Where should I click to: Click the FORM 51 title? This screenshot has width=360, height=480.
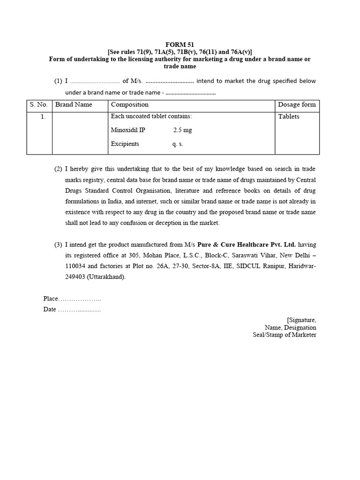[x=180, y=45]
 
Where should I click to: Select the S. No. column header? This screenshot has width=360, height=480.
[x=38, y=105]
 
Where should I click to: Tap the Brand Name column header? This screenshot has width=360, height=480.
[x=74, y=105]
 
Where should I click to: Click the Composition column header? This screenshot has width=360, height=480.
[x=130, y=105]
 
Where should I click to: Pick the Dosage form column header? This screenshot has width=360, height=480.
[x=297, y=105]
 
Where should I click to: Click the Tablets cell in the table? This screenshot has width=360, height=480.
[x=289, y=117]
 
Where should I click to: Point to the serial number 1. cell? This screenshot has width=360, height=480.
[x=43, y=117]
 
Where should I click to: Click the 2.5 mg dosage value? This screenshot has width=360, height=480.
[x=182, y=130]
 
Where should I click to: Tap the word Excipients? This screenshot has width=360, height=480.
[x=125, y=144]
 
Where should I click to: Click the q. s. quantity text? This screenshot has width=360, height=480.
[x=178, y=144]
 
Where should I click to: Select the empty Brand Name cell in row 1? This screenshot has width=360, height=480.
[x=80, y=133]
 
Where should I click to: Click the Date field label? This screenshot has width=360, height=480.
[x=50, y=309]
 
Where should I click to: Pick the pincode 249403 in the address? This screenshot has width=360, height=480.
[x=76, y=277]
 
